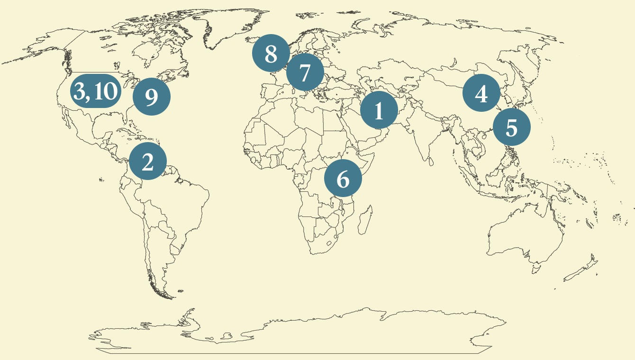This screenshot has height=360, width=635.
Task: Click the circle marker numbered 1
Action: (379, 110)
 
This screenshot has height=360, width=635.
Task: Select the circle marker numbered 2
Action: (147, 161)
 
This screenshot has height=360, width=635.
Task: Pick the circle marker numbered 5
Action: (511, 127)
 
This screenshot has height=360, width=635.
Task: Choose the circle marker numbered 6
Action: (343, 179)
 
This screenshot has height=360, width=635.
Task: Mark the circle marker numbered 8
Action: (271, 53)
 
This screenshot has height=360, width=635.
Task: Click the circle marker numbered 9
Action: (151, 97)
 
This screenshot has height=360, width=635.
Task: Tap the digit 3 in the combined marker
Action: (80, 91)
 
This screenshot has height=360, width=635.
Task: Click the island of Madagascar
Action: (364, 223)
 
